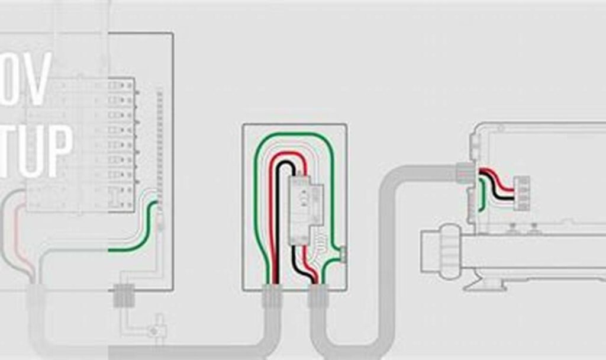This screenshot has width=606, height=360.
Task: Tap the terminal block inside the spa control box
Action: (521, 193)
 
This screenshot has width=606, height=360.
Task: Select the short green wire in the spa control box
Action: (483, 195)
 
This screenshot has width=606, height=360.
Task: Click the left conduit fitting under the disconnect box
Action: (271, 295)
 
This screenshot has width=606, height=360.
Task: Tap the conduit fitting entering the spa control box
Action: (465, 172)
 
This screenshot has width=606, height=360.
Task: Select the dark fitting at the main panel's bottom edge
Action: (124, 295)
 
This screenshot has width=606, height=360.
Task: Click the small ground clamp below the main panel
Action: (156, 329)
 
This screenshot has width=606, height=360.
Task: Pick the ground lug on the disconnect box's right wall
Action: (343, 254)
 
